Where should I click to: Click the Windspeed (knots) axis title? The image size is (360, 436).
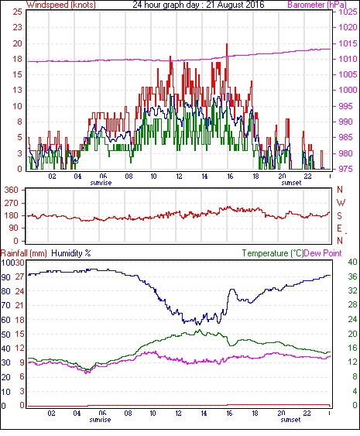(x=61, y=5)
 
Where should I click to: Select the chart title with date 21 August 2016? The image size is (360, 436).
(x=198, y=5)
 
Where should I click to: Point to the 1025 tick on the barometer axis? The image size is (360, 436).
(x=348, y=12)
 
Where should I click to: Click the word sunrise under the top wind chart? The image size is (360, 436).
(x=101, y=183)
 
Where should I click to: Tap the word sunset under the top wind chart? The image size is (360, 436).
(x=291, y=183)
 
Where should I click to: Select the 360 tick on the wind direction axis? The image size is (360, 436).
(x=11, y=190)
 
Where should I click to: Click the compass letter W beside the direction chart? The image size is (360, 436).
(x=341, y=202)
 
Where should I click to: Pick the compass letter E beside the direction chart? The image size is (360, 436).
(x=339, y=228)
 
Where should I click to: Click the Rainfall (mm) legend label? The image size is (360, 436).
(x=24, y=253)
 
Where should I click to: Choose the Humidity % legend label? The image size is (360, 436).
(x=71, y=253)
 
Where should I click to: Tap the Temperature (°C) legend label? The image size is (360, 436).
(x=273, y=253)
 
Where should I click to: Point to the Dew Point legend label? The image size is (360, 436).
(x=323, y=253)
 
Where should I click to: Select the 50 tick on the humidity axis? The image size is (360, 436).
(x=6, y=335)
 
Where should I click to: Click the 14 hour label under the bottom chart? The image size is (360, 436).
(x=204, y=414)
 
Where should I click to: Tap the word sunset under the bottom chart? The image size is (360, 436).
(x=290, y=420)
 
